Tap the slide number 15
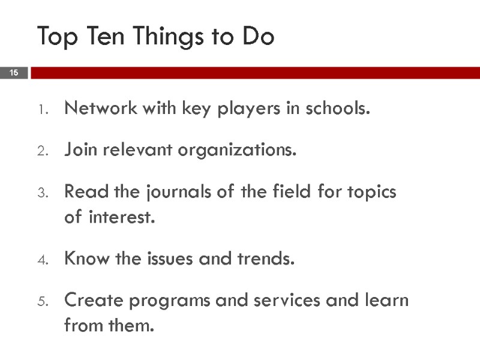pos(14,73)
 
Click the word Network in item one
pos(99,109)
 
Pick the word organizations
pos(248,151)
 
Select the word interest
pos(122,217)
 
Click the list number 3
pos(42,193)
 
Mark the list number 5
pos(42,301)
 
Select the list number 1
pos(42,110)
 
